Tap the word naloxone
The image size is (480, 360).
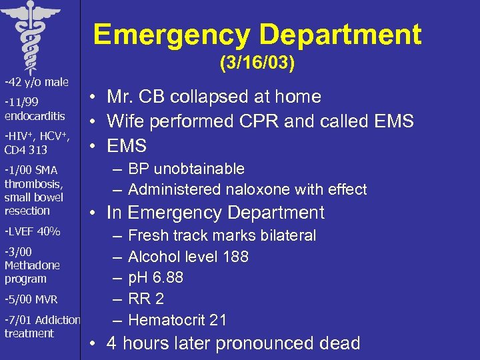(x=259, y=190)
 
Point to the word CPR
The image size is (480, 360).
(x=270, y=121)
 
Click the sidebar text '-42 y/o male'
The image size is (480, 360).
(x=36, y=83)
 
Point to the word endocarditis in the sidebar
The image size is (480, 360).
(x=35, y=115)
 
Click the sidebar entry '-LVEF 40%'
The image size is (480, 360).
(x=32, y=232)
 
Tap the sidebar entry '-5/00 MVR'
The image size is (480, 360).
(x=31, y=299)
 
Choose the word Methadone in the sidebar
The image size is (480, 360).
(x=32, y=265)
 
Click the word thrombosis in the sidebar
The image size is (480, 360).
(x=33, y=184)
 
